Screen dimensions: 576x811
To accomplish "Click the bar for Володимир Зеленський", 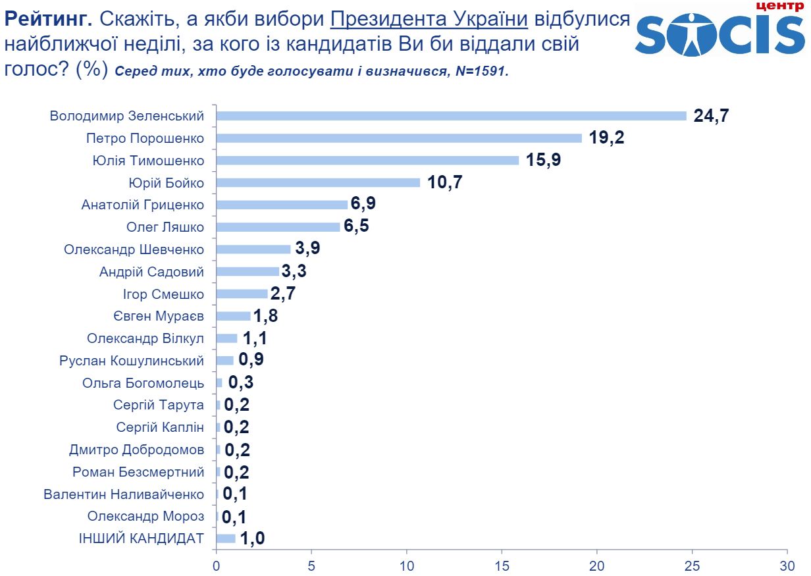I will tap(451, 116).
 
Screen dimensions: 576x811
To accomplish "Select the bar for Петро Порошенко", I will tap(399, 138).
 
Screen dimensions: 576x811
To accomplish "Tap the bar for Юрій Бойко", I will tap(318, 182).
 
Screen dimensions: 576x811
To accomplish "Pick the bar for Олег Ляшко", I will tap(278, 227).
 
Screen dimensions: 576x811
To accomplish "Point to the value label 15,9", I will tap(543, 160).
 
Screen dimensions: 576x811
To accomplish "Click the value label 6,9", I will tap(363, 205).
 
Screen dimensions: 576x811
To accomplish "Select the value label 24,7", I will tap(712, 116).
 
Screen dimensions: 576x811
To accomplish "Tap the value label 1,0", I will tap(251, 538).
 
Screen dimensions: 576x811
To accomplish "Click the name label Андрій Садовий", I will tap(151, 272).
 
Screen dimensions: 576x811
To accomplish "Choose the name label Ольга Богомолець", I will tap(143, 383).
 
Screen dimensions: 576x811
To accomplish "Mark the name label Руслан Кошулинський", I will tap(132, 361).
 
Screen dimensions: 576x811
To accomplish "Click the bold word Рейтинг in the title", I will tap(46, 19).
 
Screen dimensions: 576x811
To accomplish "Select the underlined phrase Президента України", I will tap(429, 19).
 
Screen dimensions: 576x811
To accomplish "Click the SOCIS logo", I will tap(720, 33).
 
